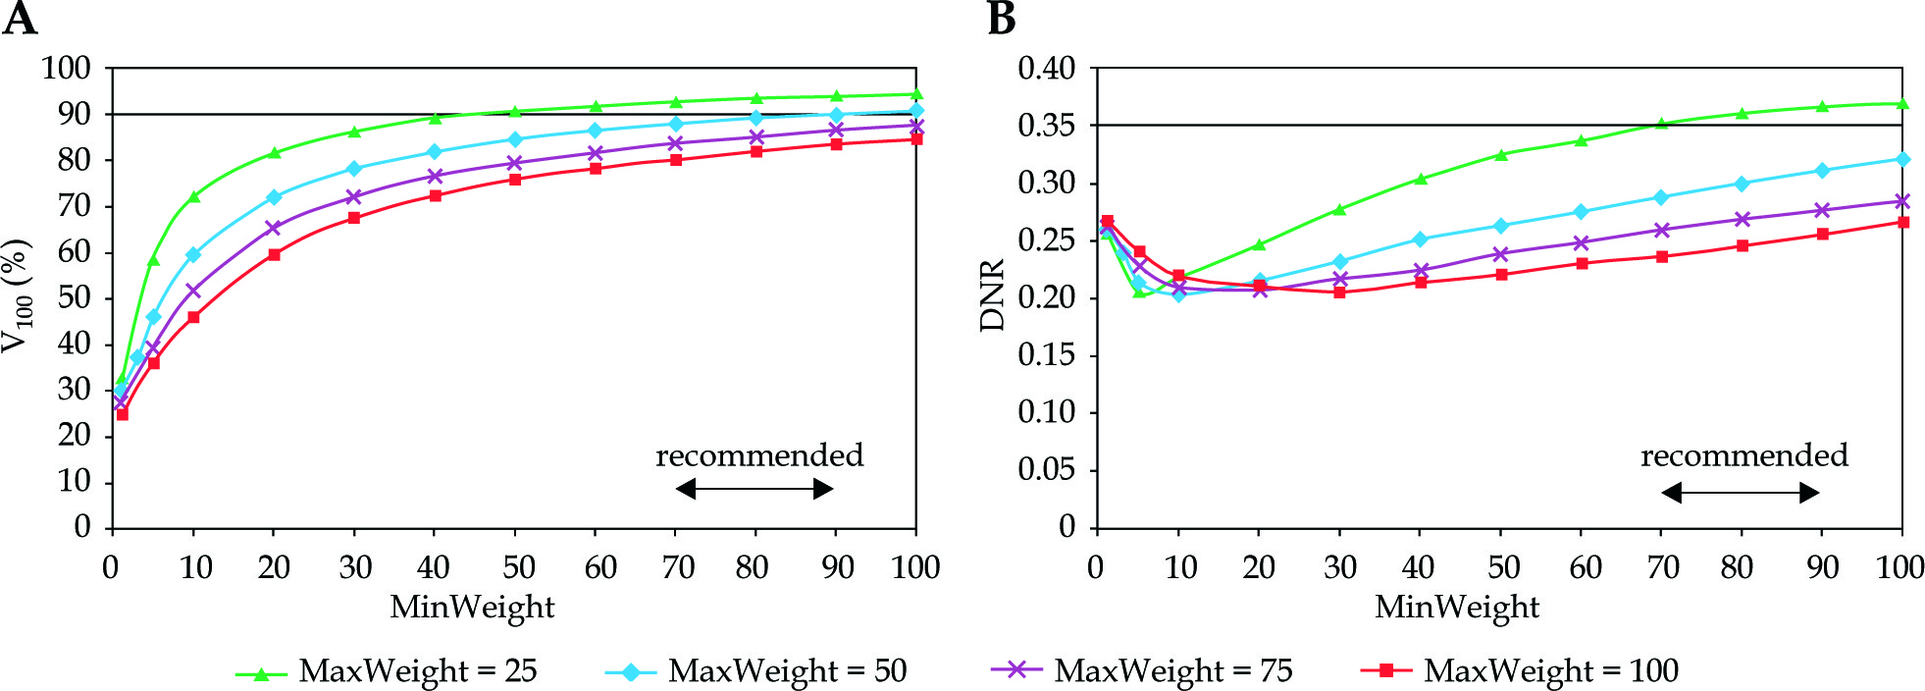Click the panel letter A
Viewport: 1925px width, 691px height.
(x=20, y=19)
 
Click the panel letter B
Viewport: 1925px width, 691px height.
(x=1001, y=19)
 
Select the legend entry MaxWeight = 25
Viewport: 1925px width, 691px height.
(x=417, y=670)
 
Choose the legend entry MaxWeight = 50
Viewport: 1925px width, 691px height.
(x=787, y=670)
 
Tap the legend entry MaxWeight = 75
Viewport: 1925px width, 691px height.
(x=1172, y=670)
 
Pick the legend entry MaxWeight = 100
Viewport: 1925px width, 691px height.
(x=1550, y=670)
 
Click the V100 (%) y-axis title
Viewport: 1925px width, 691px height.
(x=17, y=295)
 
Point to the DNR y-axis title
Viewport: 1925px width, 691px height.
(x=993, y=295)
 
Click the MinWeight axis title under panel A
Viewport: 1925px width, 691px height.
(x=472, y=608)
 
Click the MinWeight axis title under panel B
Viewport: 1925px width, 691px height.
(x=1457, y=608)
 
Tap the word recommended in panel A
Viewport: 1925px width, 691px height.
(x=759, y=455)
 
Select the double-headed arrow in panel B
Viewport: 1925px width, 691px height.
(x=1741, y=492)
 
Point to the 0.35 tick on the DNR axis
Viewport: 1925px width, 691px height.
(x=1046, y=126)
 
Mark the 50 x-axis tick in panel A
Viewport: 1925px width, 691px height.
(x=517, y=567)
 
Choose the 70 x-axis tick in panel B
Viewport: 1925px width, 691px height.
(x=1662, y=567)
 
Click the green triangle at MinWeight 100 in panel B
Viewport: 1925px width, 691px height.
(x=1902, y=104)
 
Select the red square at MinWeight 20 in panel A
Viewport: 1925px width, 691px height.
(x=274, y=255)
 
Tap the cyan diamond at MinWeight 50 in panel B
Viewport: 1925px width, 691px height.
(x=1501, y=226)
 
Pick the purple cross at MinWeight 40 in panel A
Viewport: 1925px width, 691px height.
(x=435, y=176)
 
